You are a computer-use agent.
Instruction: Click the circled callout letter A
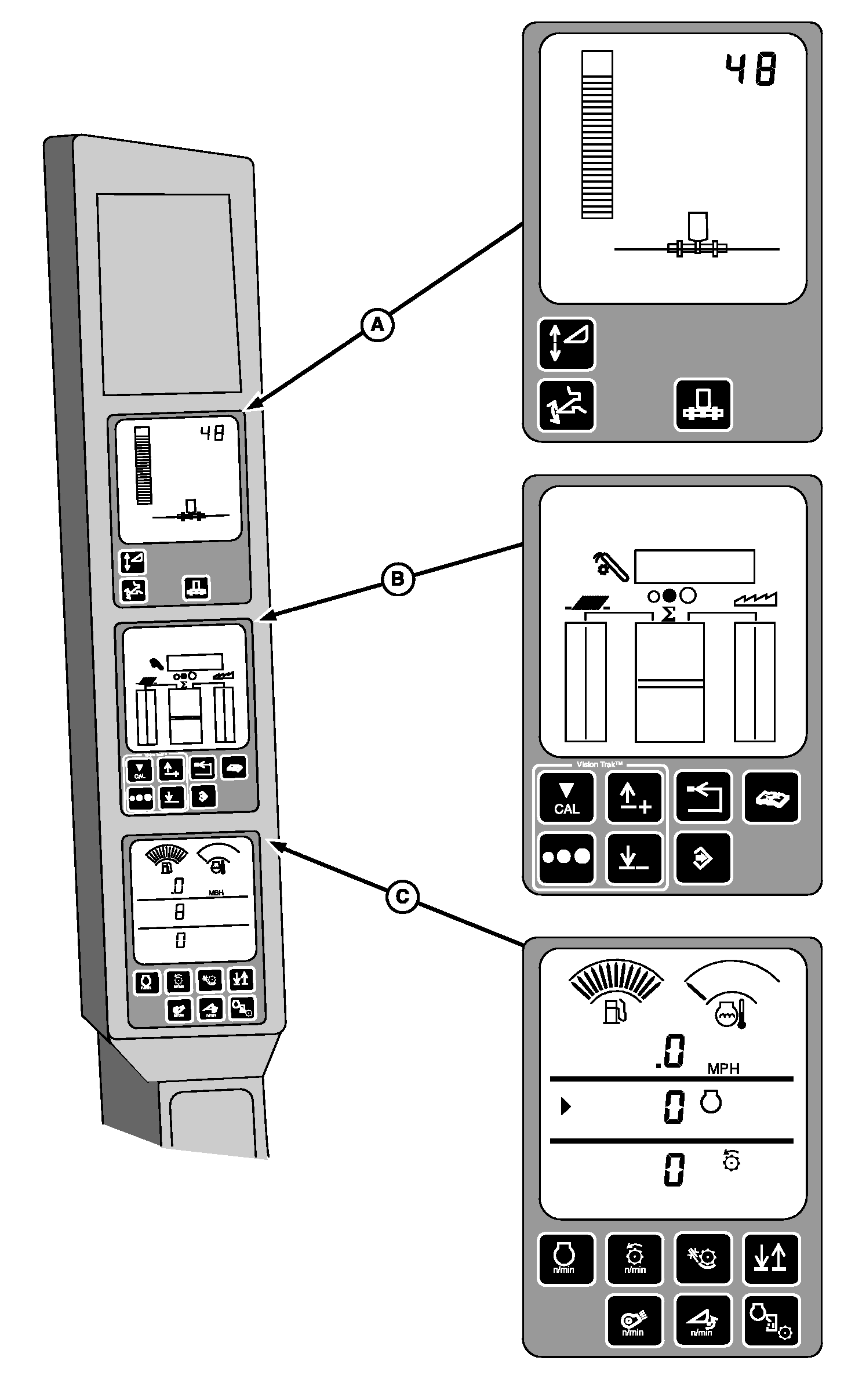(x=377, y=325)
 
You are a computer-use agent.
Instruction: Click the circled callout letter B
(x=398, y=579)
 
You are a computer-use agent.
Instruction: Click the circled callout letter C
(x=402, y=897)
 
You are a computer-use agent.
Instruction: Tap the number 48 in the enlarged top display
(x=751, y=70)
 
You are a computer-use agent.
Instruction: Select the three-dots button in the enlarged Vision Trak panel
(x=566, y=857)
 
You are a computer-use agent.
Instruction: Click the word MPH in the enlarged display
(x=723, y=1068)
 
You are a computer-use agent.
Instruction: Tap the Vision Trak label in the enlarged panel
(x=599, y=764)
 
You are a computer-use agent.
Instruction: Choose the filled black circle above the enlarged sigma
(x=670, y=595)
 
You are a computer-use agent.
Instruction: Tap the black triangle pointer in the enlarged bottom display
(x=565, y=1107)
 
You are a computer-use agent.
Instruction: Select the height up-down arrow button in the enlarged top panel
(x=566, y=343)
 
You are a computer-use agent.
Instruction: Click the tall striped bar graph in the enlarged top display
(x=597, y=135)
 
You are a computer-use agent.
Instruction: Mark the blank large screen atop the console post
(x=169, y=295)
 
